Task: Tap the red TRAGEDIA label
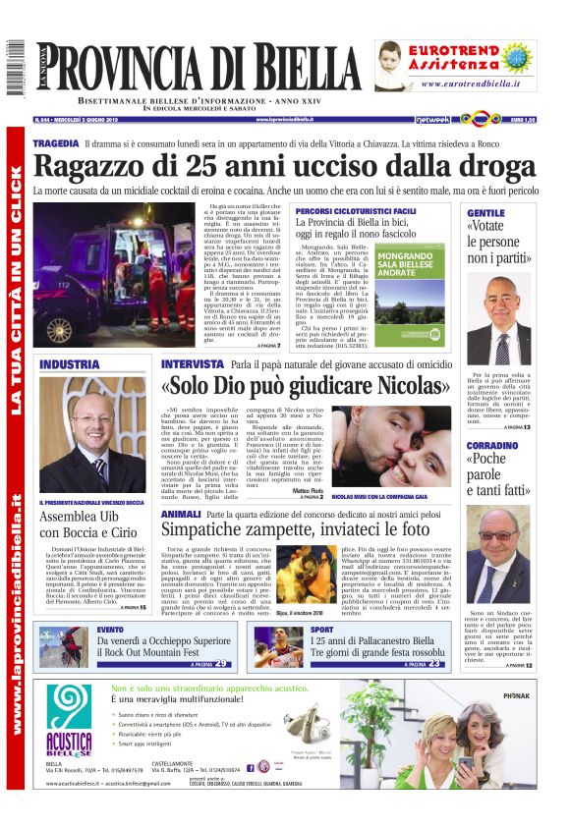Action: coord(55,143)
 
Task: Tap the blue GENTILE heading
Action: coord(485,212)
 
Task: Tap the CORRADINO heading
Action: coord(492,445)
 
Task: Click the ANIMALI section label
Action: coord(181,514)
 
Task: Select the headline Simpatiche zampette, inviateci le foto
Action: coord(307,531)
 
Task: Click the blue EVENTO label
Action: coord(110,629)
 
